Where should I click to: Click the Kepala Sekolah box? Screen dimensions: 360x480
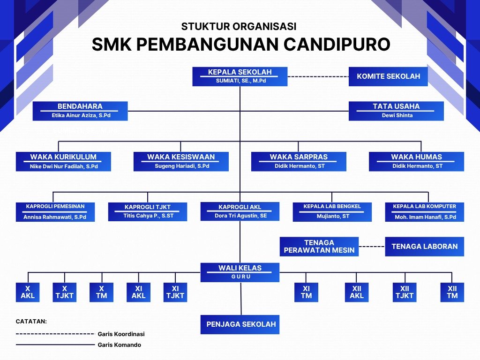[x=240, y=77]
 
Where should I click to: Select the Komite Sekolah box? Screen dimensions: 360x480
[x=388, y=76]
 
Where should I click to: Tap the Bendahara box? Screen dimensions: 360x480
[x=80, y=111]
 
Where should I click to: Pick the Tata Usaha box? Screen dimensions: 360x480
[x=396, y=111]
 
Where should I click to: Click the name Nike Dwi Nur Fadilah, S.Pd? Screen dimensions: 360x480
[x=64, y=166]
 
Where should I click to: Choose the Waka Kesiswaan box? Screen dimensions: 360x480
[x=181, y=161]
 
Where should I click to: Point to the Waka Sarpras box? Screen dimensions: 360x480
[x=299, y=161]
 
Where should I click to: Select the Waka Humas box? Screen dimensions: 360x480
[x=416, y=161]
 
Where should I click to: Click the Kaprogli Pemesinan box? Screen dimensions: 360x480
[x=55, y=212]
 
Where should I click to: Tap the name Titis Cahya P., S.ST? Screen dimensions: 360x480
[x=147, y=216]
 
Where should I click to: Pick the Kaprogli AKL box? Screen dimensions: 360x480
[x=240, y=211]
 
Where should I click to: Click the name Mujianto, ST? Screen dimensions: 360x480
[x=332, y=217]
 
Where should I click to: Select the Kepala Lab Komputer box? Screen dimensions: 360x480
[x=424, y=212]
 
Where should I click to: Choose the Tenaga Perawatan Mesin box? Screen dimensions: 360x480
[x=319, y=247]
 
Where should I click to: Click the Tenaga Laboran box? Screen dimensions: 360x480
[x=424, y=247]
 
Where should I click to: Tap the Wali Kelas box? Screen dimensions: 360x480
[x=240, y=272]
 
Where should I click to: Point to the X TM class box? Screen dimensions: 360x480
[x=102, y=292]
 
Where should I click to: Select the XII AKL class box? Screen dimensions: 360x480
[x=357, y=292]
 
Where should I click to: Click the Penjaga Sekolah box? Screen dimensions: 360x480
[x=240, y=324]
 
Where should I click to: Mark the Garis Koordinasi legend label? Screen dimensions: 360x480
[x=121, y=334]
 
